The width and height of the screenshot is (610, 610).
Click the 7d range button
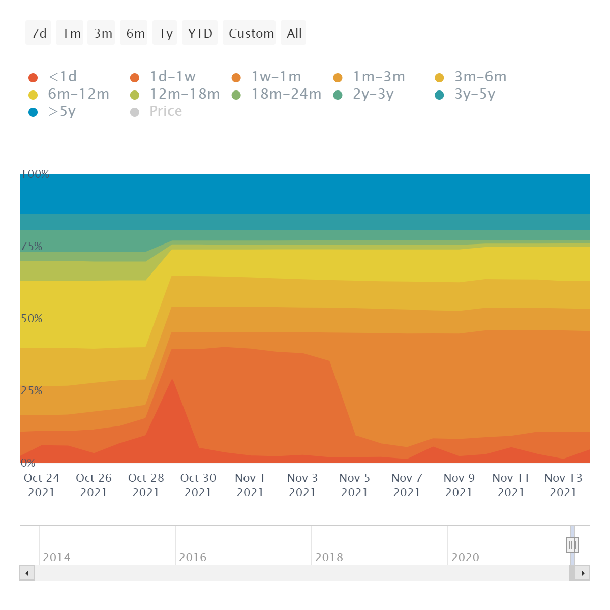pyautogui.click(x=39, y=34)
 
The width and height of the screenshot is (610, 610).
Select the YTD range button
pyautogui.click(x=200, y=34)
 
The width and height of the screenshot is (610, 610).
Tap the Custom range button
pyautogui.click(x=251, y=34)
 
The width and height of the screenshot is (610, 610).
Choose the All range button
pyautogui.click(x=294, y=34)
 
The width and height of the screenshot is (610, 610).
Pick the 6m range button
pyautogui.click(x=135, y=34)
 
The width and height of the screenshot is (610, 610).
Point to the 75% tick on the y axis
pyautogui.click(x=32, y=247)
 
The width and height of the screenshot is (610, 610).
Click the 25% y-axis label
pyautogui.click(x=32, y=391)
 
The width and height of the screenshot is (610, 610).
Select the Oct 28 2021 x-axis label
pyautogui.click(x=146, y=485)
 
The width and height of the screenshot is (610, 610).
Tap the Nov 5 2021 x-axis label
pyautogui.click(x=354, y=485)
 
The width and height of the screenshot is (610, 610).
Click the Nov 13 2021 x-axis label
pyautogui.click(x=563, y=485)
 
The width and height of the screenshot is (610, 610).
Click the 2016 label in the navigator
pyautogui.click(x=193, y=557)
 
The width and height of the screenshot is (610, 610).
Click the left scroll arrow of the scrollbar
pyautogui.click(x=27, y=573)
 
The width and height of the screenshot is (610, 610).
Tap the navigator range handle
pyautogui.click(x=572, y=545)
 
